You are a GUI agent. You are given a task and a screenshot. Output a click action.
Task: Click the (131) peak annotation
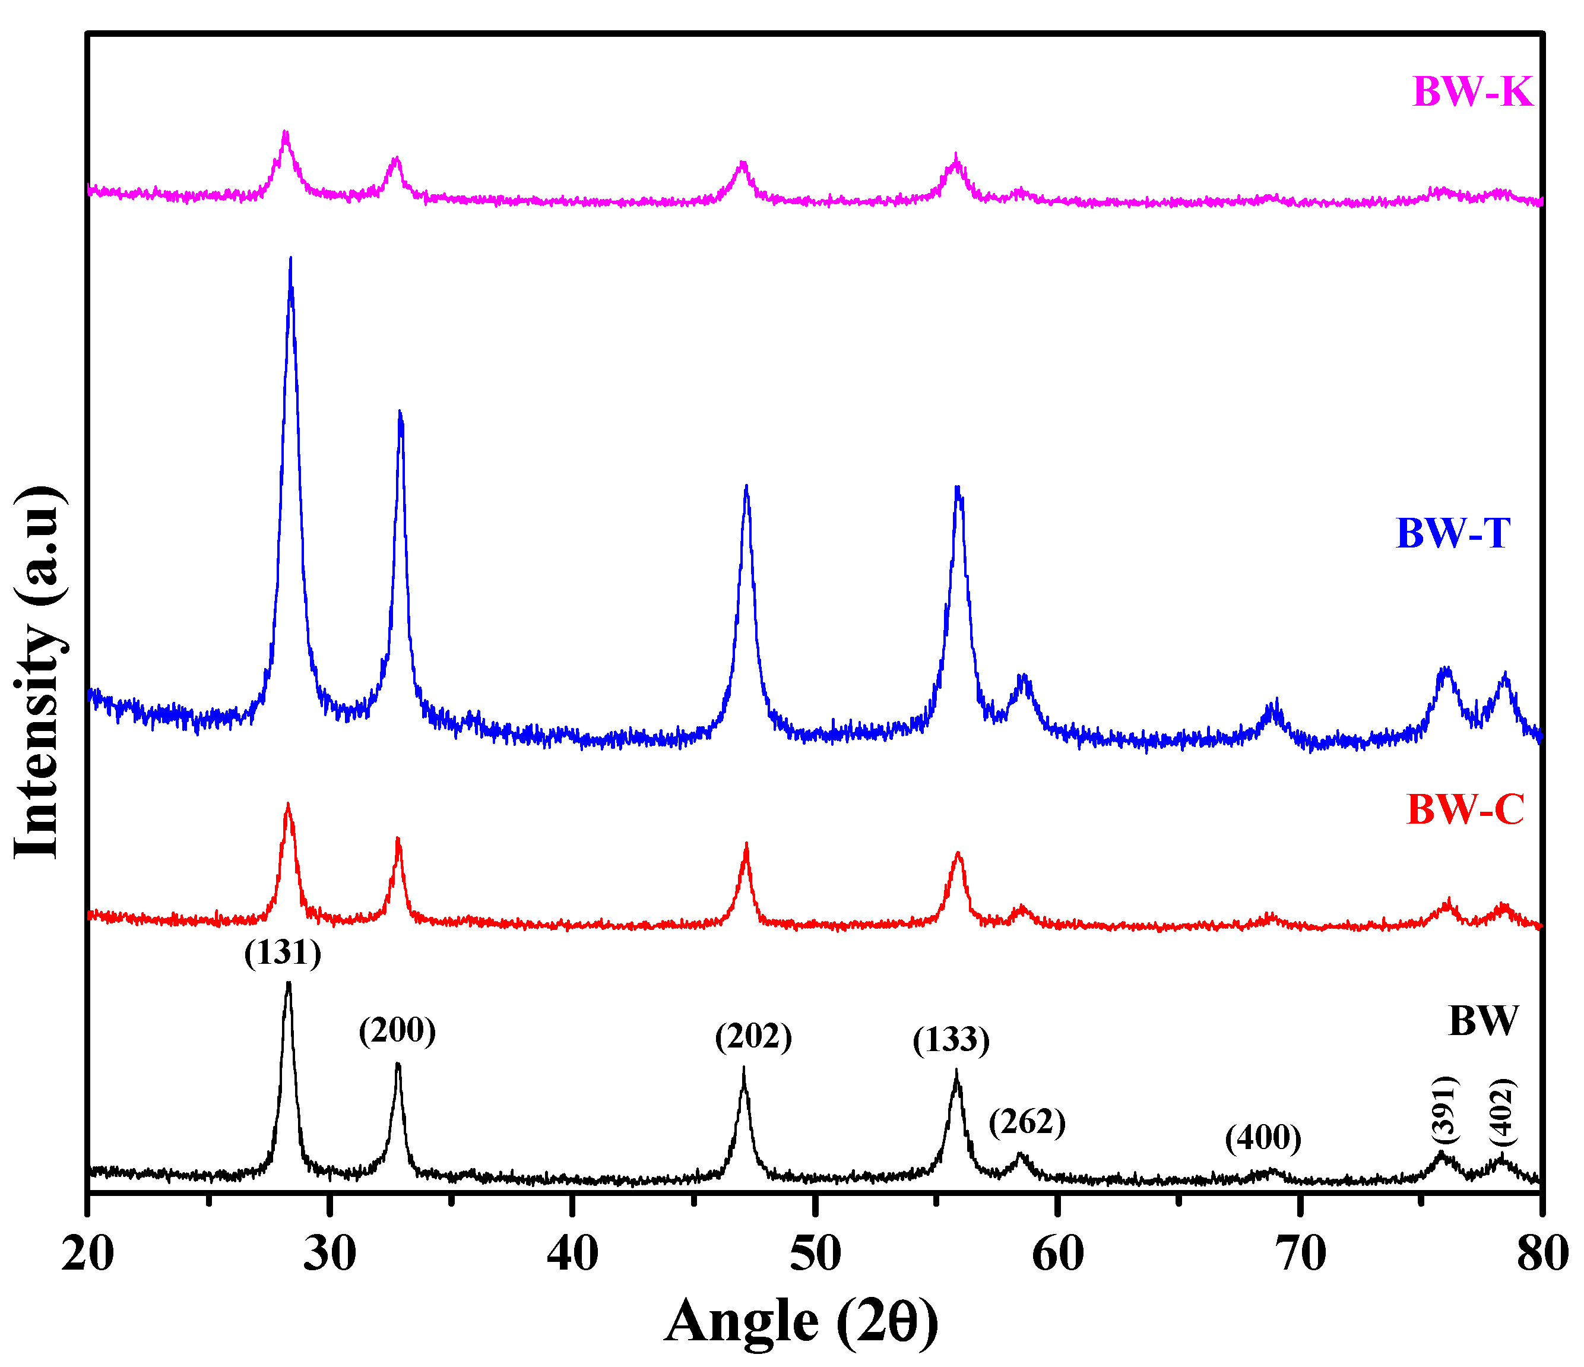point(283,953)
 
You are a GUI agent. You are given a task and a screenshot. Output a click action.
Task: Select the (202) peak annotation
point(754,1037)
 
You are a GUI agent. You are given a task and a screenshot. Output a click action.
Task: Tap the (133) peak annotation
point(951,1040)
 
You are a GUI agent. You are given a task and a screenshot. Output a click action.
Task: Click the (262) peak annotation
point(1027,1122)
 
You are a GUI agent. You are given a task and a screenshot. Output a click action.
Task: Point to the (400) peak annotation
point(1263,1138)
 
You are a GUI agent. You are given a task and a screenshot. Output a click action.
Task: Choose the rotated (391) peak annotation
point(1444,1108)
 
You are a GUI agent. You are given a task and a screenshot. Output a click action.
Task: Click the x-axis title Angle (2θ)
point(801,1321)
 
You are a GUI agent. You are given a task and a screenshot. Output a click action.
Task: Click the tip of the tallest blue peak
point(290,258)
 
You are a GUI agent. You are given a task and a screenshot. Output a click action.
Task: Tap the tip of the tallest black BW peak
point(288,983)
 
